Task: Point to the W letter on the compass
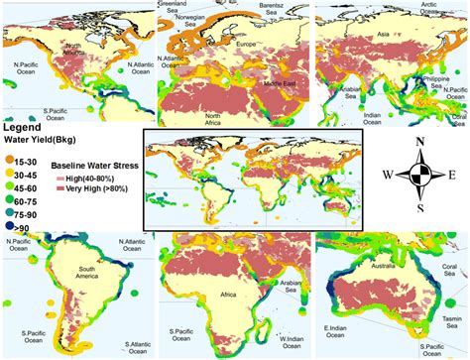point(385,176)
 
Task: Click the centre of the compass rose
point(422,176)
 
